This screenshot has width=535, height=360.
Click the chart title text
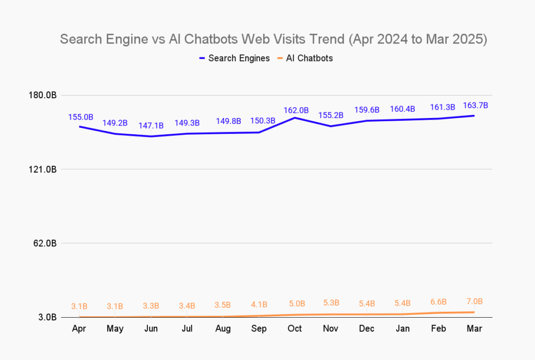point(273,40)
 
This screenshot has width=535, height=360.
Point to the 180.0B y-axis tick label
point(44,95)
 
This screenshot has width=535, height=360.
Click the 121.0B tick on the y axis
point(44,169)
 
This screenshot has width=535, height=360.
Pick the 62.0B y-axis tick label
point(45,243)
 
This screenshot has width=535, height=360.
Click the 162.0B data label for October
point(296,110)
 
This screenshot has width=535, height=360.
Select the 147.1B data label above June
point(151,125)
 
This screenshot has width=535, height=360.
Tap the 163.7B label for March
point(475,105)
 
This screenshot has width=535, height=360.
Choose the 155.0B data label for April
point(80,117)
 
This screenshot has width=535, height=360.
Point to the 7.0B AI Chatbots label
point(474,301)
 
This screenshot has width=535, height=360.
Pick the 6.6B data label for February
point(438,302)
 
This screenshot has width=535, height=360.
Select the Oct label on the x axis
point(295,329)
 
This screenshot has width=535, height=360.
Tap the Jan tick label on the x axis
point(403,329)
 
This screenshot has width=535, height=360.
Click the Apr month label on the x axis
point(79,329)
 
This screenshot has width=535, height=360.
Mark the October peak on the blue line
point(295,118)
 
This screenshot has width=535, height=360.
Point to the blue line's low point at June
point(151,136)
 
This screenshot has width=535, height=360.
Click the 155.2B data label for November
point(331,115)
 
